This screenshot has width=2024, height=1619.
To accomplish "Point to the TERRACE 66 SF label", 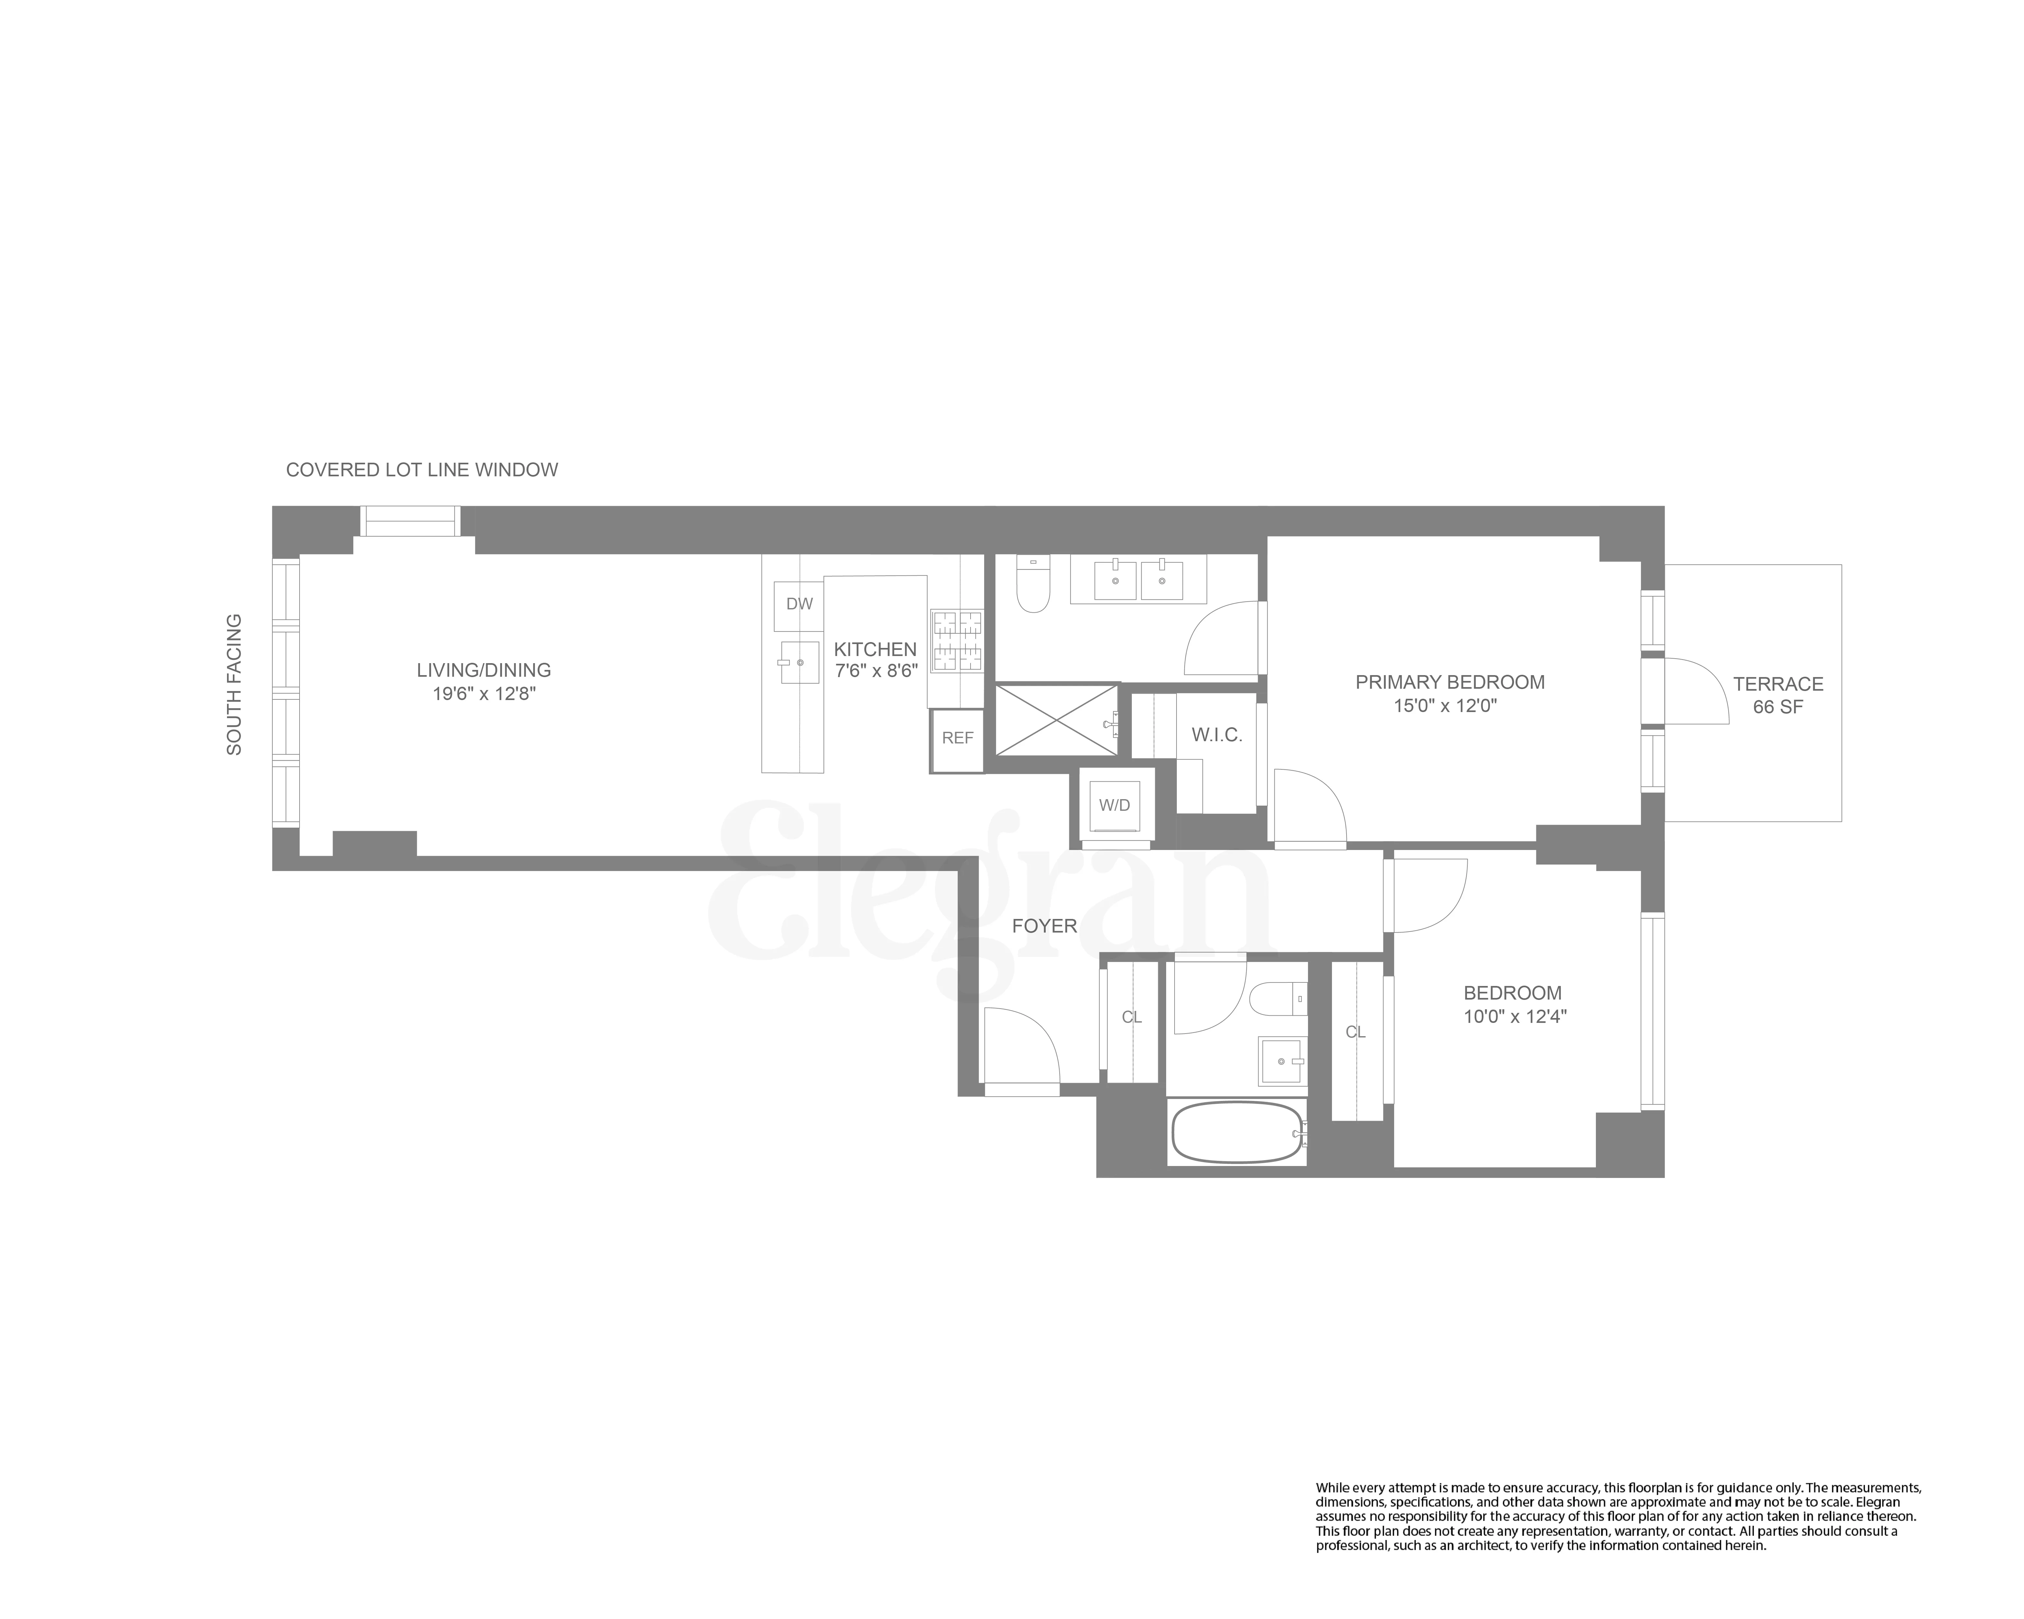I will tap(1778, 696).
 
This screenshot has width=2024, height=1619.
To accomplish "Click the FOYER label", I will tap(1044, 926).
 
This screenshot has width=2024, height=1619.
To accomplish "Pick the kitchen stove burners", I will tap(957, 641).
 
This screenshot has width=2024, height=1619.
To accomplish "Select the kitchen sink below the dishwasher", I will tap(799, 662).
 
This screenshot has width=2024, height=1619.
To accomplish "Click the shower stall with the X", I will tap(1056, 720).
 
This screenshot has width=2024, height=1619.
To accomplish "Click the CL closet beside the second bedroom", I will tap(1356, 1032).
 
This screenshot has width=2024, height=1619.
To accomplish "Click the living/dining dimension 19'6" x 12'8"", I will tap(483, 695).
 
